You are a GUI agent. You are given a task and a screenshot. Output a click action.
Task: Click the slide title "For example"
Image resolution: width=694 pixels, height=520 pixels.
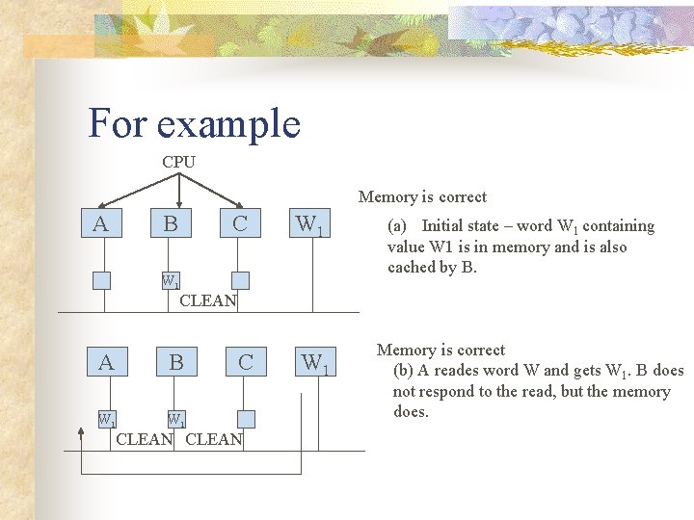(194, 123)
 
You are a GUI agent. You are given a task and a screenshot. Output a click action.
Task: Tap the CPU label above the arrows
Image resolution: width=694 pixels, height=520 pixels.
(178, 162)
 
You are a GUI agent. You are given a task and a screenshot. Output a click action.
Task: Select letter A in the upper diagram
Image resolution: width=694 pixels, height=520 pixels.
(99, 224)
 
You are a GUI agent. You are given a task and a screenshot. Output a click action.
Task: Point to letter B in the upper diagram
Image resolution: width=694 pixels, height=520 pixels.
(170, 224)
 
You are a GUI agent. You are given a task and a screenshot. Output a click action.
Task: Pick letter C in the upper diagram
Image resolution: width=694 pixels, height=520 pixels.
(239, 224)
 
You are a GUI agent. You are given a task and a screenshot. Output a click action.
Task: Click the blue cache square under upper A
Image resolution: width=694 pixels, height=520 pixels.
(101, 280)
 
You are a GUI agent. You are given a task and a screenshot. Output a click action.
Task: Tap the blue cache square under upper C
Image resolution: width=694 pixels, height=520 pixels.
(240, 280)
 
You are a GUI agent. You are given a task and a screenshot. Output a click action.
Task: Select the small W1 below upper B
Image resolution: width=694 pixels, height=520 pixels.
(171, 281)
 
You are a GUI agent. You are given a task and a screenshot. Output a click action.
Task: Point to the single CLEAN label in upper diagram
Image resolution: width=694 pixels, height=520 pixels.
(208, 300)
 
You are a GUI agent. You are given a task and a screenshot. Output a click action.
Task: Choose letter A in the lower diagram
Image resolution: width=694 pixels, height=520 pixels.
(106, 363)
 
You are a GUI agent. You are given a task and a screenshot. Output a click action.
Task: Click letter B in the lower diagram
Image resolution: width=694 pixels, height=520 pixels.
(176, 363)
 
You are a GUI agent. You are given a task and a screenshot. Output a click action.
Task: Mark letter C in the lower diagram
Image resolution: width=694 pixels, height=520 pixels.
(246, 363)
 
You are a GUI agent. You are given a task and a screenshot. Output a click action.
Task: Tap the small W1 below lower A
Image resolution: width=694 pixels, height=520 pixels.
(107, 419)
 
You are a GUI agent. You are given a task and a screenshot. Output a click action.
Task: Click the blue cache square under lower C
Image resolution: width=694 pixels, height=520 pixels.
(246, 419)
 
